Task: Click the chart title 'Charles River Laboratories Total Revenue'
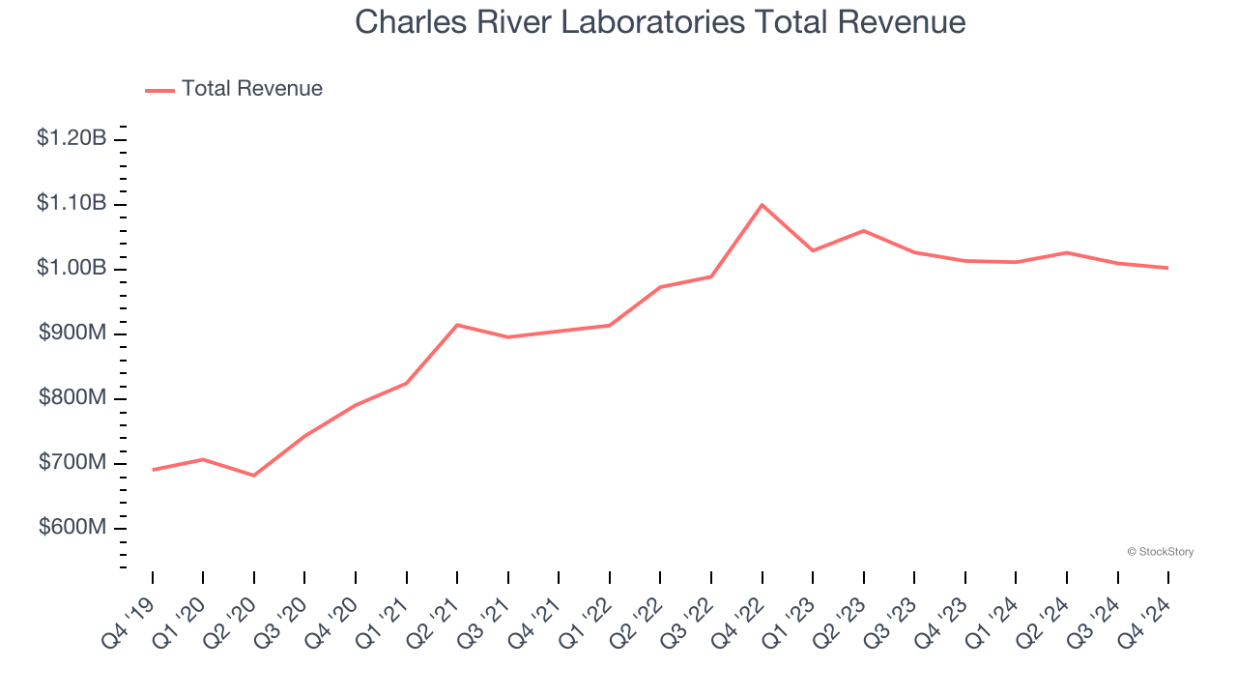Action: (660, 21)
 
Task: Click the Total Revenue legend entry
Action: (234, 89)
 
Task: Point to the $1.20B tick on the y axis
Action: (72, 138)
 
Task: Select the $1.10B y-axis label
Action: (72, 203)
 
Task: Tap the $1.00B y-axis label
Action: (72, 268)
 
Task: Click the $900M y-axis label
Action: (72, 333)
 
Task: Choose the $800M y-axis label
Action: (72, 397)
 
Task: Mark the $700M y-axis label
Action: (72, 462)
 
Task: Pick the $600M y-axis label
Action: (72, 528)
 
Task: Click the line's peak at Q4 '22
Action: (762, 205)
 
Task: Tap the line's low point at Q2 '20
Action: (254, 476)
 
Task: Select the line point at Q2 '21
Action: (457, 325)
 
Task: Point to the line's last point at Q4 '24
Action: (1168, 268)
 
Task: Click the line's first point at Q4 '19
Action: (153, 470)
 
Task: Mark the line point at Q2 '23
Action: (863, 231)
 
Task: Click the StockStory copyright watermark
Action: (1160, 552)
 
